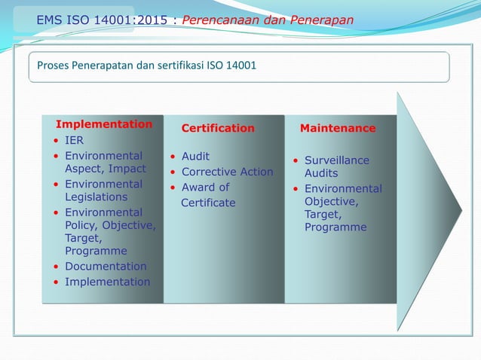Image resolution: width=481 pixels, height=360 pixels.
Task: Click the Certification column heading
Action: pos(218,128)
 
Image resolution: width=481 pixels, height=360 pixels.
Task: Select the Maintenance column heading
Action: pos(337,128)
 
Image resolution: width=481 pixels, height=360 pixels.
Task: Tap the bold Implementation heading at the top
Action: pos(104,124)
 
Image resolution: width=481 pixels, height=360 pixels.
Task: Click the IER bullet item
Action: pos(74,140)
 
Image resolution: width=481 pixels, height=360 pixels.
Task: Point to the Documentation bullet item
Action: pos(106,266)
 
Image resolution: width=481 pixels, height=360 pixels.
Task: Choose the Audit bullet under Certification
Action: pos(195,156)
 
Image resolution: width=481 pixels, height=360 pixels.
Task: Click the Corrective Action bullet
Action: pos(227,172)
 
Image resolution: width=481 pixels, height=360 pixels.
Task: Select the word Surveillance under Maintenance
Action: pos(336,160)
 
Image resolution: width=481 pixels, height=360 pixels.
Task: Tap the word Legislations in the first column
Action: pos(96,197)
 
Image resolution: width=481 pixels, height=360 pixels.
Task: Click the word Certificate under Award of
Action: pos(208,203)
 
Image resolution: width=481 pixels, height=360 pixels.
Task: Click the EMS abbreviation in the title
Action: pos(50,20)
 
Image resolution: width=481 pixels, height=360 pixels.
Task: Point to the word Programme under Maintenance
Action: pos(335,227)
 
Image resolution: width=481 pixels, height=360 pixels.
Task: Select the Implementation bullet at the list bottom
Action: pos(107,282)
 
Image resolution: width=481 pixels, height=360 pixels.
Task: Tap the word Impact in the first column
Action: pos(127,169)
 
